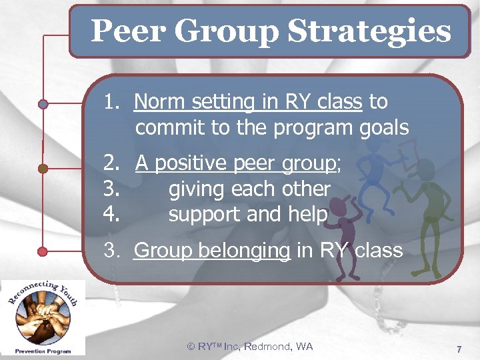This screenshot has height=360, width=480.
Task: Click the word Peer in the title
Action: pyautogui.click(x=121, y=31)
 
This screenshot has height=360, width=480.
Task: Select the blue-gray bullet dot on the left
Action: pyautogui.click(x=43, y=104)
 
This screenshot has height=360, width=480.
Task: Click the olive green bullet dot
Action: pyautogui.click(x=43, y=169)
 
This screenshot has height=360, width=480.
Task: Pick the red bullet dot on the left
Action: pyautogui.click(x=43, y=251)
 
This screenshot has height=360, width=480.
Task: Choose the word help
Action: pyautogui.click(x=309, y=215)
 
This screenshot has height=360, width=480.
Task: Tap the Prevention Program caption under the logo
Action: pyautogui.click(x=43, y=349)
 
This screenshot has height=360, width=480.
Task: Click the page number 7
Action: pyautogui.click(x=459, y=349)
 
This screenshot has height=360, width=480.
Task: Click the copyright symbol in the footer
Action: pyautogui.click(x=191, y=346)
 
